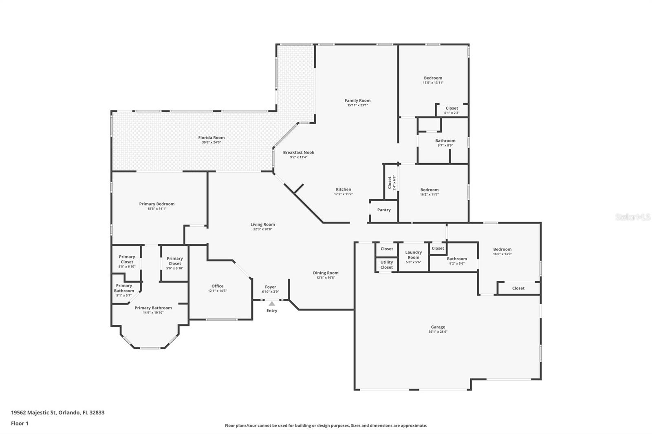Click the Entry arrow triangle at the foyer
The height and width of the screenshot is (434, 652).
tap(272, 303)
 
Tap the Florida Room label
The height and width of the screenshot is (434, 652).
tap(211, 138)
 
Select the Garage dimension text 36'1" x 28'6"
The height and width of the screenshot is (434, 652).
tap(438, 332)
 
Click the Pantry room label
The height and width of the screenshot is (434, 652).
tap(384, 210)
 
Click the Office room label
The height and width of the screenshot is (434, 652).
tap(217, 286)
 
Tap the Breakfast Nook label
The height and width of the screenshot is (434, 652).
tap(299, 152)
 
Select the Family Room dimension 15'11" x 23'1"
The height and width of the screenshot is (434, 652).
tap(357, 105)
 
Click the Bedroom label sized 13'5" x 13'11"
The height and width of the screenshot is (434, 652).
tap(433, 78)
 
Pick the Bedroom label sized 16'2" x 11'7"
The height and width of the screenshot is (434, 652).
tap(430, 190)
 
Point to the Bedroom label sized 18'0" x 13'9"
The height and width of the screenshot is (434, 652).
tap(502, 249)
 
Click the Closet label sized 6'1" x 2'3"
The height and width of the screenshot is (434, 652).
tap(452, 108)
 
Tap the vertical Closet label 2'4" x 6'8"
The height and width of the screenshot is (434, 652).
tap(390, 182)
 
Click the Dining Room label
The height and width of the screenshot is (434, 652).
tap(326, 273)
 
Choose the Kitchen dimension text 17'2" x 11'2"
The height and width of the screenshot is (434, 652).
tap(343, 194)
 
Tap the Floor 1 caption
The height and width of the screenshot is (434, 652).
tap(20, 423)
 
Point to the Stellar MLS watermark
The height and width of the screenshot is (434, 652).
tap(632, 217)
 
